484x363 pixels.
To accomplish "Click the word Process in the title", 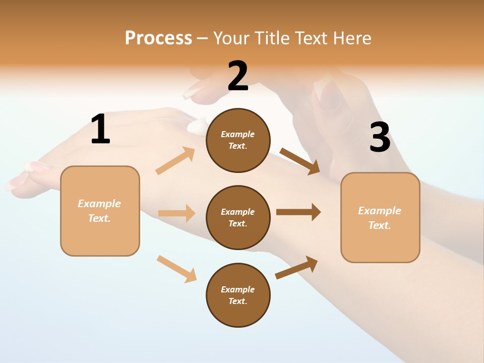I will click(158, 38).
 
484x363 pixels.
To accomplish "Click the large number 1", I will click(100, 130).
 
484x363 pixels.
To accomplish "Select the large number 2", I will click(238, 77).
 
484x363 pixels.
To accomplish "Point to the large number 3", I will click(380, 138).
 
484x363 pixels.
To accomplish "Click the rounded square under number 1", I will click(100, 211).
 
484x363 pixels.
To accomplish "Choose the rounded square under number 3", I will click(380, 218).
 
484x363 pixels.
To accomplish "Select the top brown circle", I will click(238, 140).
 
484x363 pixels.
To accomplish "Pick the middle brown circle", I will click(238, 217).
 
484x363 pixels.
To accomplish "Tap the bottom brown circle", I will click(238, 295).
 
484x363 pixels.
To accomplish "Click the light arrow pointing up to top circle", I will click(175, 161).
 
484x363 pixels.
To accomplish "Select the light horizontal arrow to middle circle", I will click(176, 213).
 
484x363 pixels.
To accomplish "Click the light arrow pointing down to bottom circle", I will click(176, 269).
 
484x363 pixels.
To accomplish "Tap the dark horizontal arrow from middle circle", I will click(298, 212).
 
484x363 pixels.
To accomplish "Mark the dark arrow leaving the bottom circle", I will click(297, 267).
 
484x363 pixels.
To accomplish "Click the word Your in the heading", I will click(232, 38).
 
